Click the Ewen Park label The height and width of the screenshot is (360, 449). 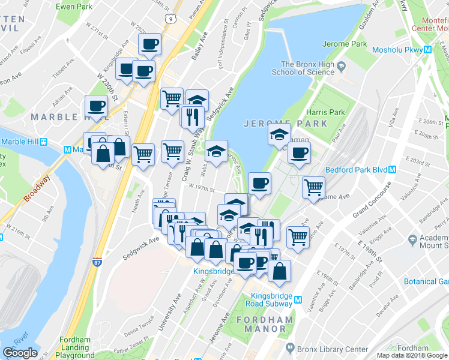pyautogui.click(x=74, y=7)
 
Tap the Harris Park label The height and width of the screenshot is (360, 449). pyautogui.click(x=328, y=112)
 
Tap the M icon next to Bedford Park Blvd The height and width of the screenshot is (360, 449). pyautogui.click(x=392, y=169)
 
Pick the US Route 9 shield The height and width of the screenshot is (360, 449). pyautogui.click(x=172, y=20)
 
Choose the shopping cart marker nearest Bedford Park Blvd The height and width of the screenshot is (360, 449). pyautogui.click(x=313, y=187)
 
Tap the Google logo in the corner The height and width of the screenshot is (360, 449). pyautogui.click(x=20, y=353)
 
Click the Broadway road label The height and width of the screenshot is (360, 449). pyautogui.click(x=37, y=188)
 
